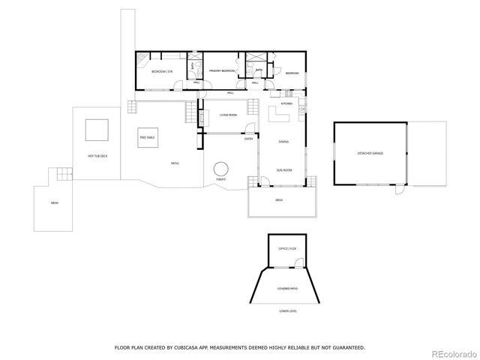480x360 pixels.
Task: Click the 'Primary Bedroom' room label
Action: pos(222,71)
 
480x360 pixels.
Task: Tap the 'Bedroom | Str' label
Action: pos(161,71)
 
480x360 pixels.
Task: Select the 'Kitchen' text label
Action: pos(286,103)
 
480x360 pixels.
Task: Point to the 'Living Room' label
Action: pos(228,115)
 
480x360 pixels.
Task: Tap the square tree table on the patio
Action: pos(147,138)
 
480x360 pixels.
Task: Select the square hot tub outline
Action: pos(96,130)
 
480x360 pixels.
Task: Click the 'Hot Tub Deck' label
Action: pos(97,156)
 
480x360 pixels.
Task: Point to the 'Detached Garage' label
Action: pos(370,153)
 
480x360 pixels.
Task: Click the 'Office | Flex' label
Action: pos(288,247)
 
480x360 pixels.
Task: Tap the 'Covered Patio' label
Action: pos(287,287)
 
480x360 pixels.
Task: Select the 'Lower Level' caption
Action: pos(288,310)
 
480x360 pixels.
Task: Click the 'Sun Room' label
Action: pos(283,169)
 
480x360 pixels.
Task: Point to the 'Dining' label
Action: pos(283,141)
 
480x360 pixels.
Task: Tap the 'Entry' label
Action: pos(248,139)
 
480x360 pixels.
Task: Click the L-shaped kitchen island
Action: pos(280,115)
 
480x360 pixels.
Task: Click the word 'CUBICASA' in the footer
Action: pos(194,347)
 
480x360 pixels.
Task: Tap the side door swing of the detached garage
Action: pos(400,190)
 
